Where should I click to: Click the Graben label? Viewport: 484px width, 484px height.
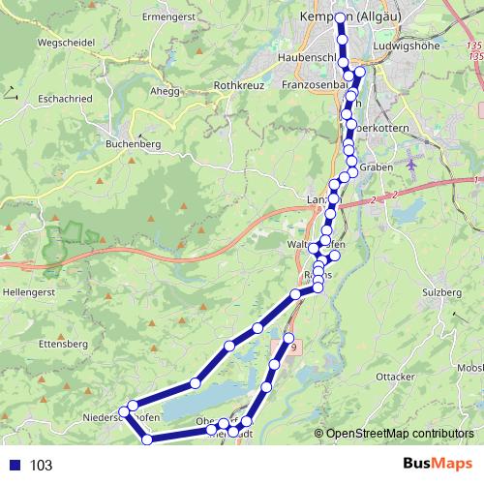coord(375,167)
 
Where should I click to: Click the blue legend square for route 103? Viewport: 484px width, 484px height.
coord(15,465)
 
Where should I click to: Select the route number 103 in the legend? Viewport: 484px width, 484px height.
coord(41,465)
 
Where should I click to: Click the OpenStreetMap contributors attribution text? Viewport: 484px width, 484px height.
coord(399,435)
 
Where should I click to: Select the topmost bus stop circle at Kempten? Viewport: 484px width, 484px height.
coord(341,18)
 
